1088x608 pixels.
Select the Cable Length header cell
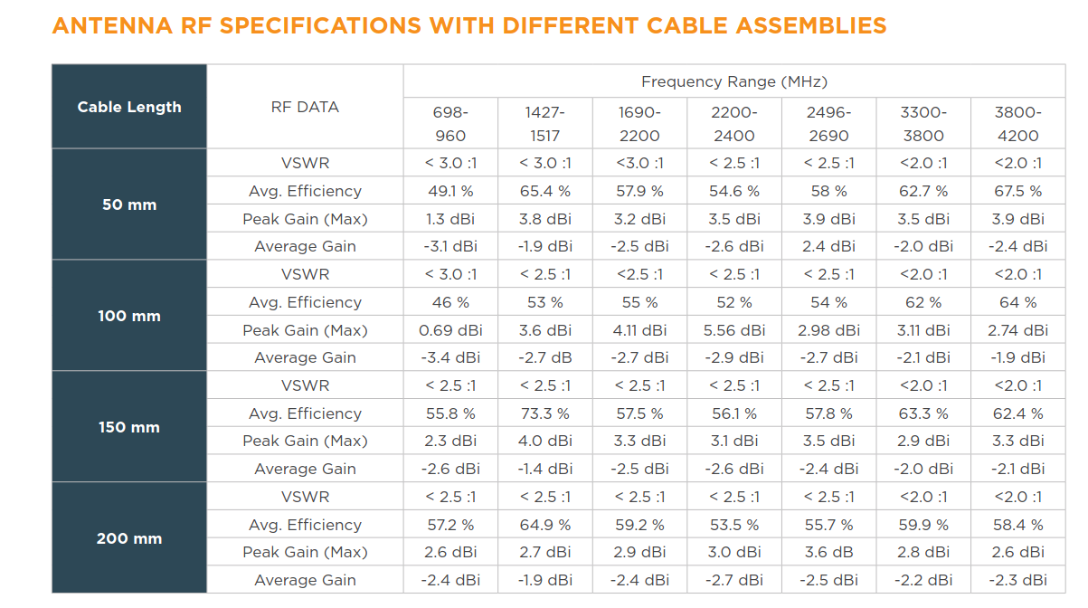[129, 107]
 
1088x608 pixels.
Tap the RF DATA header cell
[305, 107]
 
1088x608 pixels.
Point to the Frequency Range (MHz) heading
[733, 81]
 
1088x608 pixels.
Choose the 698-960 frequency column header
[450, 124]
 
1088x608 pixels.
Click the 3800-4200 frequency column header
[1017, 124]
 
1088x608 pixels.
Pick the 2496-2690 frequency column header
[828, 124]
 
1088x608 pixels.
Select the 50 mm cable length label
[129, 204]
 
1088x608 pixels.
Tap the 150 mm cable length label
[129, 427]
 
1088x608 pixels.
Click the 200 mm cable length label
[129, 538]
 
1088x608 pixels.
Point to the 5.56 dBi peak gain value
[734, 330]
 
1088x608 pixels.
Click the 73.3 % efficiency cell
[545, 413]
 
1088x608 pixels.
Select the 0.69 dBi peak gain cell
[450, 330]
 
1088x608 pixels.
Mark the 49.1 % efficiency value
[450, 191]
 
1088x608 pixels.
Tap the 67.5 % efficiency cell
[1017, 191]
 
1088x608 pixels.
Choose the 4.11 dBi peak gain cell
[639, 330]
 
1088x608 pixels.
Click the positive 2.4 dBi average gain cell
[828, 246]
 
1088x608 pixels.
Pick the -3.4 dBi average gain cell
[450, 357]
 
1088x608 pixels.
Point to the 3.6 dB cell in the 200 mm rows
[828, 552]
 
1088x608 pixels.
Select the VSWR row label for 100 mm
[305, 274]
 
